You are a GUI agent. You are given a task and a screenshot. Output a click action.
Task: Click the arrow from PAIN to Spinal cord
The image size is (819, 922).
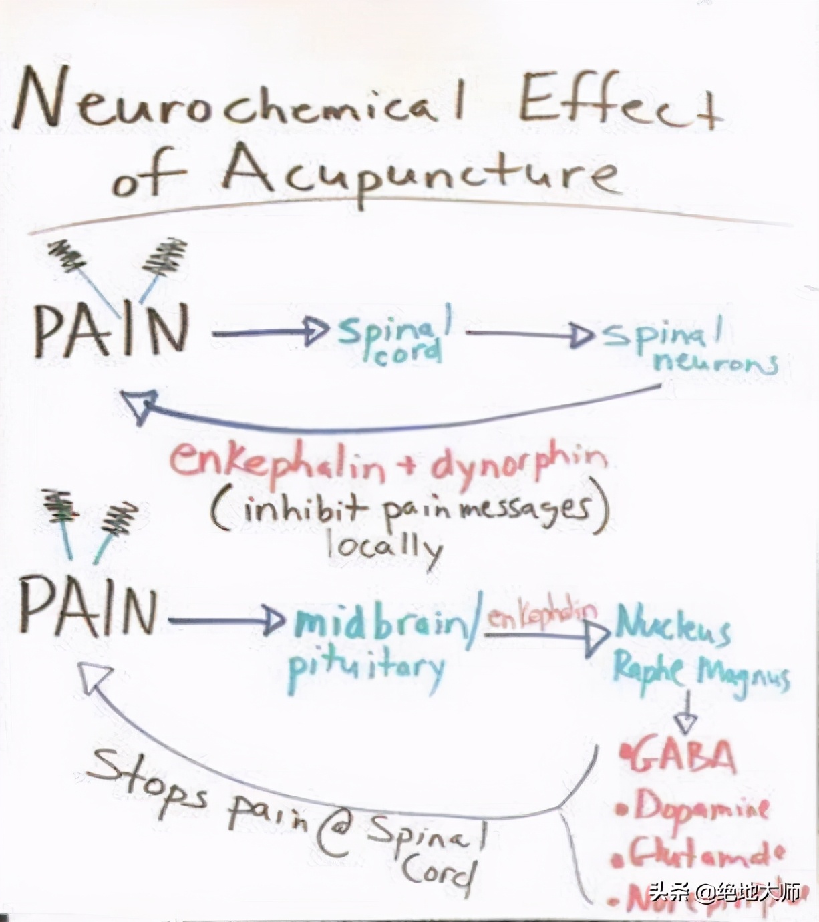coord(271,332)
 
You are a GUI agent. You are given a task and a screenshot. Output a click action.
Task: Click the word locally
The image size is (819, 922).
coord(384,545)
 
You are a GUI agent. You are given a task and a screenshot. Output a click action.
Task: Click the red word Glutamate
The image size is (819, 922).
coord(698,852)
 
